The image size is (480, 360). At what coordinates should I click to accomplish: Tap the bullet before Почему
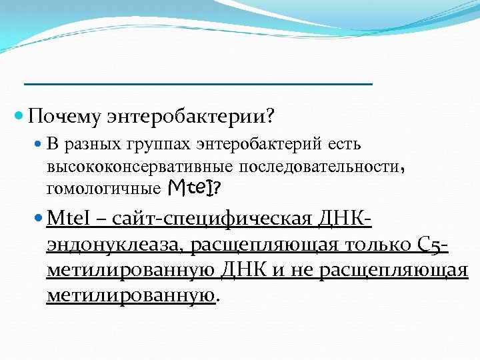[x=19, y=116]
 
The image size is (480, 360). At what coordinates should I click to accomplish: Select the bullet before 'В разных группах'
[x=38, y=144]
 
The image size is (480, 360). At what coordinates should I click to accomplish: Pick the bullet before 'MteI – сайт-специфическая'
[x=39, y=218]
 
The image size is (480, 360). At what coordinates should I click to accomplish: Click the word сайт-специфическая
[x=207, y=219]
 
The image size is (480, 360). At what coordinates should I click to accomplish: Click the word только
[x=370, y=245]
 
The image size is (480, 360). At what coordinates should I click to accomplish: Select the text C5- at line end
[x=431, y=245]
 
